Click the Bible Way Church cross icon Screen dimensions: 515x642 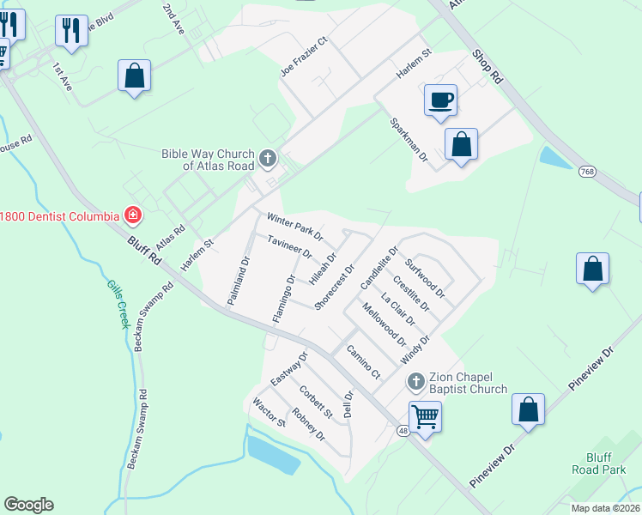pyautogui.click(x=269, y=158)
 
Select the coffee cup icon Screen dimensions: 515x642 pyautogui.click(x=440, y=100)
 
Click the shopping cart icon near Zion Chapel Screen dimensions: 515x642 pyautogui.click(x=425, y=417)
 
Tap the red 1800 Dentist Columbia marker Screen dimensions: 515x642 pyautogui.click(x=132, y=214)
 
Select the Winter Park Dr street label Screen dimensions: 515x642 pyautogui.click(x=294, y=227)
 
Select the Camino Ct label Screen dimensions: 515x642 pyautogui.click(x=363, y=362)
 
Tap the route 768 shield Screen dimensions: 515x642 pyautogui.click(x=588, y=171)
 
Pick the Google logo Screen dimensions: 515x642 pyautogui.click(x=28, y=505)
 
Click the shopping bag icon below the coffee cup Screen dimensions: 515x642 pyautogui.click(x=461, y=144)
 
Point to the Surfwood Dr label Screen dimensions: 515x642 pyautogui.click(x=427, y=278)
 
